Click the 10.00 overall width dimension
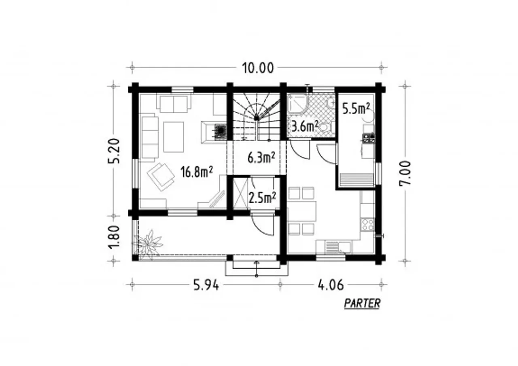258,68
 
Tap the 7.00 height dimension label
405,173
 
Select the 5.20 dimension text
114,151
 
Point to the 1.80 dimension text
114,237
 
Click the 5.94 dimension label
206,285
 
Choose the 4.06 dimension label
331,285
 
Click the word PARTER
362,303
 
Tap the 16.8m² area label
196,172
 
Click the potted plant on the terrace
148,244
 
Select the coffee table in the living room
174,137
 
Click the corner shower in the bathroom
298,104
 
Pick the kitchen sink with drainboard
338,247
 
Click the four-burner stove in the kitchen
367,225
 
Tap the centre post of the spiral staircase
257,118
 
